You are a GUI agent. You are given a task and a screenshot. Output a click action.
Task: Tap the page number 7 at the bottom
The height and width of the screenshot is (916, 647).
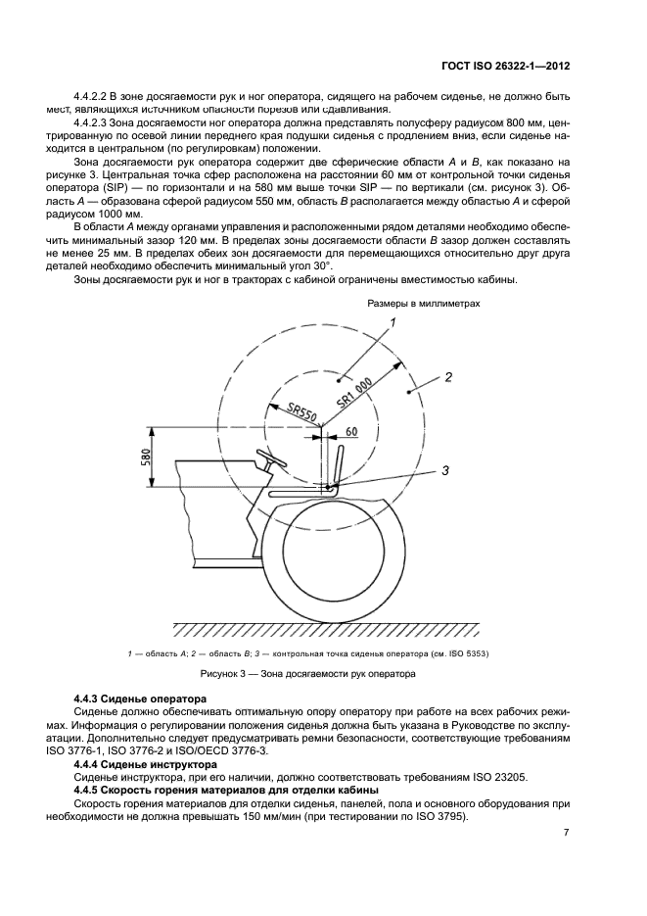566,833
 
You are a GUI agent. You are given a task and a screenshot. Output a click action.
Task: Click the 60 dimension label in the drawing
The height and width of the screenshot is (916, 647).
351,431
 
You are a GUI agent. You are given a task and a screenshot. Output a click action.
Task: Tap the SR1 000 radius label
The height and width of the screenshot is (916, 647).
356,395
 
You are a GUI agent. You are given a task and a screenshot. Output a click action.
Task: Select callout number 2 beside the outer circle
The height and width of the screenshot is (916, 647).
447,376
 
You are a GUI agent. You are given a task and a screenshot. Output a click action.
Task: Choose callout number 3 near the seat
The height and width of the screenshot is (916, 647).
444,471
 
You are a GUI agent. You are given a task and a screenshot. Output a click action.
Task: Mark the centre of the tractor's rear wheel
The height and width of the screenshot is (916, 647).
334,559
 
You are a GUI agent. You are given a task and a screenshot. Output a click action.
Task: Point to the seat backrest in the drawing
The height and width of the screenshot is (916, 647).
337,465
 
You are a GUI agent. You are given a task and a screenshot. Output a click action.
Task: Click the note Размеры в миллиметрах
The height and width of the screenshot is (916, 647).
424,304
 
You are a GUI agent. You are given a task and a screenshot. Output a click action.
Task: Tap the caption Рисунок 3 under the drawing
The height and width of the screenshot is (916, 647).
308,674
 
